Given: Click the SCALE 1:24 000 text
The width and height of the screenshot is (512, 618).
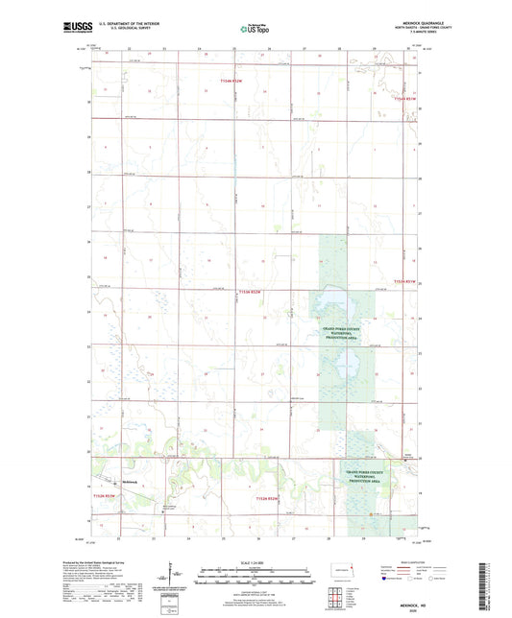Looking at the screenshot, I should pos(255,561).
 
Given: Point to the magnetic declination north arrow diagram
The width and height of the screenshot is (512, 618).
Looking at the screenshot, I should pos(173,578).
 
